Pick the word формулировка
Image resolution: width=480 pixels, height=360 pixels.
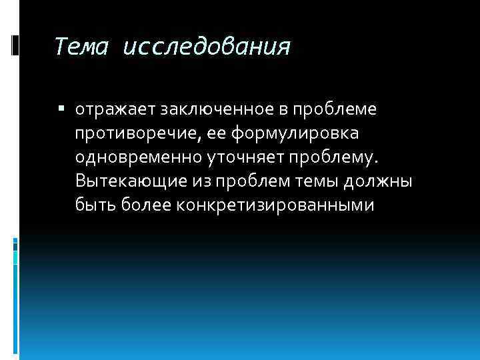click(x=297, y=133)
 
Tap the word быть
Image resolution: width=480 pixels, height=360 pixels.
click(x=96, y=205)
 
